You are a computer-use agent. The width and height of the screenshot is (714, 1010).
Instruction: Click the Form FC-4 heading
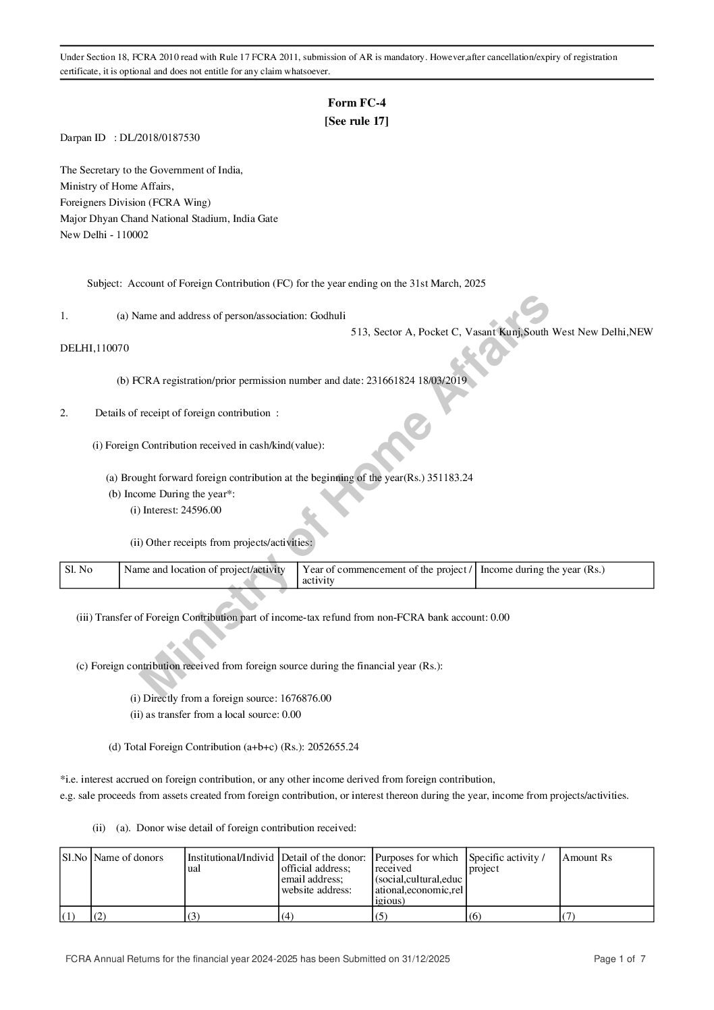356,103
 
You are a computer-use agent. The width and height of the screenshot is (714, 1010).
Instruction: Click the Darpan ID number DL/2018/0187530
159,138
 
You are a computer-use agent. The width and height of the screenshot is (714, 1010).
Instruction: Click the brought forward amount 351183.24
450,478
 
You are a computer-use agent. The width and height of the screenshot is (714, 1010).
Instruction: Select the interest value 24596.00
200,510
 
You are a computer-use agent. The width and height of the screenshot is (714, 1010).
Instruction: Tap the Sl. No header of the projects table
78,569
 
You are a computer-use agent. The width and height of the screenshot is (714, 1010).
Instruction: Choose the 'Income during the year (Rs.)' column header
543,569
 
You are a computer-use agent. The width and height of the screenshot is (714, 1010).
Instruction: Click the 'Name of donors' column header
128,858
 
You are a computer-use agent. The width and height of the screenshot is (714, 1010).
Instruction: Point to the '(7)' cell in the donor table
569,916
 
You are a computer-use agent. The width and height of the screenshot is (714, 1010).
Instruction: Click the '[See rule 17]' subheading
356,121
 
